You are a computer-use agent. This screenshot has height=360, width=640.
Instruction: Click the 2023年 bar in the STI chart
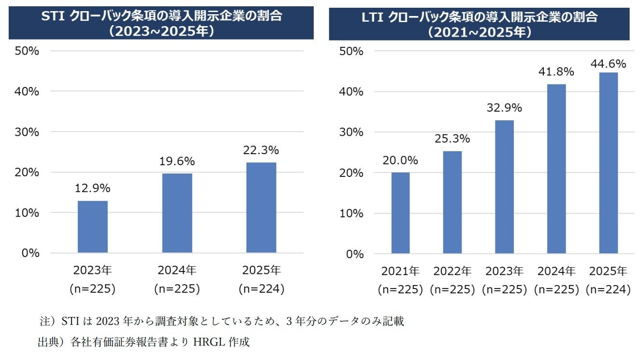pos(92,227)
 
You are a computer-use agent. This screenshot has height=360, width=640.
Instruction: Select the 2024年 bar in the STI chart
pos(177,213)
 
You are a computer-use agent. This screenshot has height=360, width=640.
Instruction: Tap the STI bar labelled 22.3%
pos(261,207)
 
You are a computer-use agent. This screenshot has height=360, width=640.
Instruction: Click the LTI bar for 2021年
pos(400,213)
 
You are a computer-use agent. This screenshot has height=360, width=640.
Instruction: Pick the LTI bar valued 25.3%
pos(452,202)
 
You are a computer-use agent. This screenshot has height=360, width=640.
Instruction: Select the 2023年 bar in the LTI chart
pos(504,187)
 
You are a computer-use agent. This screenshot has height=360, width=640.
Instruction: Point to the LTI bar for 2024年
pos(556,169)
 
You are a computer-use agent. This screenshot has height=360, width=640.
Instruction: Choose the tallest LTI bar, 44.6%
pos(608,163)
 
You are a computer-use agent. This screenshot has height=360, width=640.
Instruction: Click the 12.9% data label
pos(92,188)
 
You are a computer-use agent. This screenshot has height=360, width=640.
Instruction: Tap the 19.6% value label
pos(177,161)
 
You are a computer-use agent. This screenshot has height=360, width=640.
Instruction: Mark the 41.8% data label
pos(556,72)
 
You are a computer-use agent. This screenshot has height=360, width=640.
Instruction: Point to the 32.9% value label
pos(504,108)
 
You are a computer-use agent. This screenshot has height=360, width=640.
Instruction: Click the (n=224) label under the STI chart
pos(261,289)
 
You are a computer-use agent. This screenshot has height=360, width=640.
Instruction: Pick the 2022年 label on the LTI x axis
pos(452,271)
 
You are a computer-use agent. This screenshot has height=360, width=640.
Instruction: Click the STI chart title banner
pos(161,23)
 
